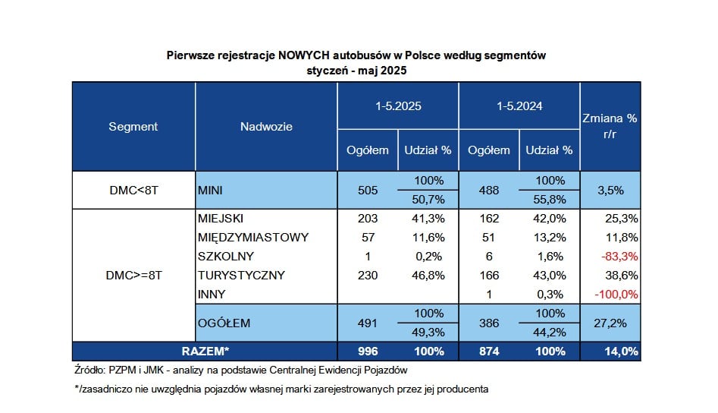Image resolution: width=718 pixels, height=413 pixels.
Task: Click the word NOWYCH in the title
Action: (x=303, y=55)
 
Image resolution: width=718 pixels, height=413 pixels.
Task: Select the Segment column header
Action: (x=133, y=127)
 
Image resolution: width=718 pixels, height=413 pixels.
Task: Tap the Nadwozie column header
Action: (x=266, y=127)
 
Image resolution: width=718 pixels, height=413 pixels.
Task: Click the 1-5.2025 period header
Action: (x=398, y=106)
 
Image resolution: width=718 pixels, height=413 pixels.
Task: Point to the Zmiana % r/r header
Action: (x=610, y=126)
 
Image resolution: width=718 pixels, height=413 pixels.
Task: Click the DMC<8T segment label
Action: (x=133, y=191)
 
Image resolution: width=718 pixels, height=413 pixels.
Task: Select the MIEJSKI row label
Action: (x=221, y=219)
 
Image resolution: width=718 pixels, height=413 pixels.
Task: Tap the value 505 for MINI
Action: (x=368, y=191)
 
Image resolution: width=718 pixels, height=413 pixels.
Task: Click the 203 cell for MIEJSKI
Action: (x=368, y=219)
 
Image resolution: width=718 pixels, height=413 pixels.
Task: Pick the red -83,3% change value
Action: (x=619, y=257)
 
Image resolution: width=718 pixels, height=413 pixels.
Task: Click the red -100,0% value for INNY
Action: (x=616, y=295)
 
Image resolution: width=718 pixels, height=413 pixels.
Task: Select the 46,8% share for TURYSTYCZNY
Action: (x=428, y=276)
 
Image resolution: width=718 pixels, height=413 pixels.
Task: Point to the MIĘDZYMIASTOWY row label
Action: (x=253, y=238)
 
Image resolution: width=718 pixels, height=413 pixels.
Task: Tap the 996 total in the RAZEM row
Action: (x=368, y=352)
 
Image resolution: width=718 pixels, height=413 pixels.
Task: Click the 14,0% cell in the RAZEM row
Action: (x=621, y=352)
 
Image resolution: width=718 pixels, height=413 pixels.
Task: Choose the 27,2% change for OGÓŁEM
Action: (x=610, y=323)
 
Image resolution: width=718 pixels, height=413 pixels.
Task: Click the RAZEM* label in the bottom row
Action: (x=205, y=352)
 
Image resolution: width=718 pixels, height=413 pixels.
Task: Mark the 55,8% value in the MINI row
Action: (x=550, y=200)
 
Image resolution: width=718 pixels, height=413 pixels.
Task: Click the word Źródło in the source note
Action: (x=89, y=370)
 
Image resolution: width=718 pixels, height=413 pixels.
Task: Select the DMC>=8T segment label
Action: (x=133, y=276)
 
